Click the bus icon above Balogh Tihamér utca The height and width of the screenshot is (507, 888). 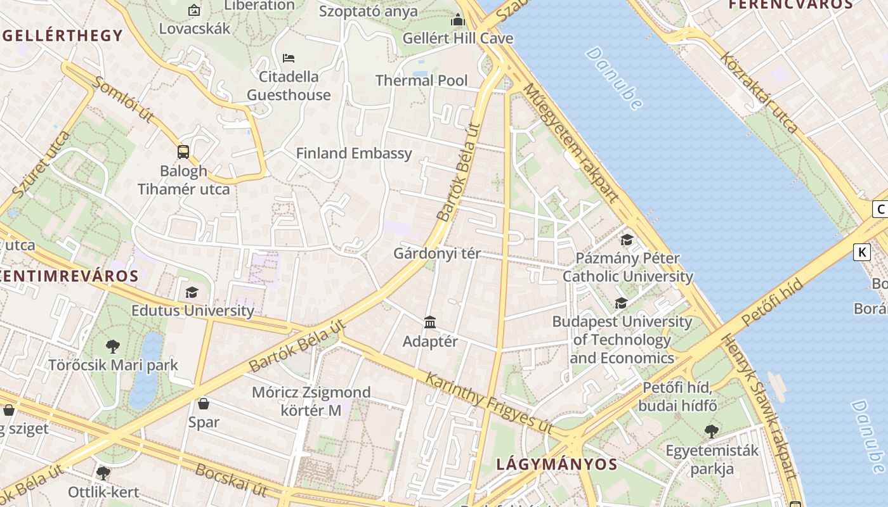pos(183,152)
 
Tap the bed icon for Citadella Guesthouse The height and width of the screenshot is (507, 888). pos(289,58)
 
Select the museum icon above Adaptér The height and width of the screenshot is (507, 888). pos(430,323)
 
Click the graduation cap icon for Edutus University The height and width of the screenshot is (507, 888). pos(192,292)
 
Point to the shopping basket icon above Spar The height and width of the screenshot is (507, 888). pos(204,404)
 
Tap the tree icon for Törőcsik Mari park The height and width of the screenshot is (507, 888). pos(113,347)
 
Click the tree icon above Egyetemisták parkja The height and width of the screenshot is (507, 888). pos(712,432)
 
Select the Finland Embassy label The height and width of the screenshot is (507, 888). pos(354,153)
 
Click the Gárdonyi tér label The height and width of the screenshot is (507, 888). pos(437,253)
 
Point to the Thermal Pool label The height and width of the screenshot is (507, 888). pos(421,80)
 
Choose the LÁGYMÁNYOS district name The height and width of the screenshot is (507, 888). pos(556,464)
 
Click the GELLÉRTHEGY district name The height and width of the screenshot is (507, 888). pos(62,35)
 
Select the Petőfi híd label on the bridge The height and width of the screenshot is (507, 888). pos(771,302)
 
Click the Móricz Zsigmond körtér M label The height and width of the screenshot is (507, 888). pos(311,401)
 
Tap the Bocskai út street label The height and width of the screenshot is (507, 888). pos(231,480)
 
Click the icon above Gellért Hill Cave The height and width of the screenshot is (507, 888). pos(458,20)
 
